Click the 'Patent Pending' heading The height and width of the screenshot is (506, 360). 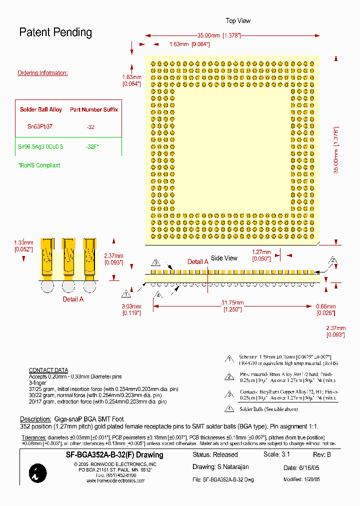coord(55,32)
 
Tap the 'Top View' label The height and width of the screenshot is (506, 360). coord(238,20)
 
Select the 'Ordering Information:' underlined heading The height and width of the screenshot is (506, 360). coord(42,73)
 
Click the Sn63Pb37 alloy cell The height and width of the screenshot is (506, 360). coord(40,127)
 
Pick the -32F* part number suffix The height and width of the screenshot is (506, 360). coord(91,147)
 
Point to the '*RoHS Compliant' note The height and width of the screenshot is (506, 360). coord(39,165)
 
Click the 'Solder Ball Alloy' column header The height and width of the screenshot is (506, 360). coord(41,109)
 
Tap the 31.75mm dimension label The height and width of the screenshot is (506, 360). coord(232,303)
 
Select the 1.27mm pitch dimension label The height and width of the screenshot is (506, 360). coord(261,252)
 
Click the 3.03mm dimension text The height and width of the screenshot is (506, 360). coord(131,306)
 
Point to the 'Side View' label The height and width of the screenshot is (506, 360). coord(224,258)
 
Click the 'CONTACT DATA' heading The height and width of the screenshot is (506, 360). coord(48,370)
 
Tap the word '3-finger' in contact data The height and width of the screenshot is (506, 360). coord(37,382)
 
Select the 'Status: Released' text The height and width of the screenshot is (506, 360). coord(215,455)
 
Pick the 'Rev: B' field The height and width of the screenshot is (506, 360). coord(321,455)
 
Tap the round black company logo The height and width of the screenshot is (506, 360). coord(38,473)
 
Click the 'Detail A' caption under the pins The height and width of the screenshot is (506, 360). coord(73,299)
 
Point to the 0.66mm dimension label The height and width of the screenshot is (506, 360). coord(325,306)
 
